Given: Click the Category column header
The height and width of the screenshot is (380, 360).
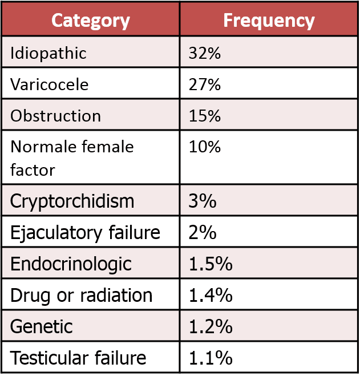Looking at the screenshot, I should pos(91,21).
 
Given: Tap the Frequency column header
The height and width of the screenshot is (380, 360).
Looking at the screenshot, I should pos(269,21).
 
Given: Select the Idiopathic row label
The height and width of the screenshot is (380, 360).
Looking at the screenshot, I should pos(48,54).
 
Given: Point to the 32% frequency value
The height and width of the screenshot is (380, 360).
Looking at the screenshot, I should pos(204,54).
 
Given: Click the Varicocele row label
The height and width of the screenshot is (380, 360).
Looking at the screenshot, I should pos(50,85).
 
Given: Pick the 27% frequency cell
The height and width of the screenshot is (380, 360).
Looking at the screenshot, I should pos(204,85).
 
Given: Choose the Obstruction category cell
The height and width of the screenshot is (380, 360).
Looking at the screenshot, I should pos(55,116).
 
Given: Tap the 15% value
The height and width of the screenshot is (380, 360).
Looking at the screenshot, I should pos(204,116).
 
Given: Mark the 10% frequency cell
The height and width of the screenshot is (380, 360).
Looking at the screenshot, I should pos(204,147).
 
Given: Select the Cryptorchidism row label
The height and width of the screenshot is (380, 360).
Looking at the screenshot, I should pos(72,201).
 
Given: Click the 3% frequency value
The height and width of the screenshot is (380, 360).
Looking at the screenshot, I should pos(200,201).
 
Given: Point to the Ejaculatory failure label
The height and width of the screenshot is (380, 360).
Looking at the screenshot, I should pos(85,233).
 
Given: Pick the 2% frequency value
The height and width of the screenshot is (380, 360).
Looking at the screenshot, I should pos(200,233).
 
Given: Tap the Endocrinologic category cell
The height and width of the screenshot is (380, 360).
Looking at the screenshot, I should pos(71,264).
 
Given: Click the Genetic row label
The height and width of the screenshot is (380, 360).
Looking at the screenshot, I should pos(42,327).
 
